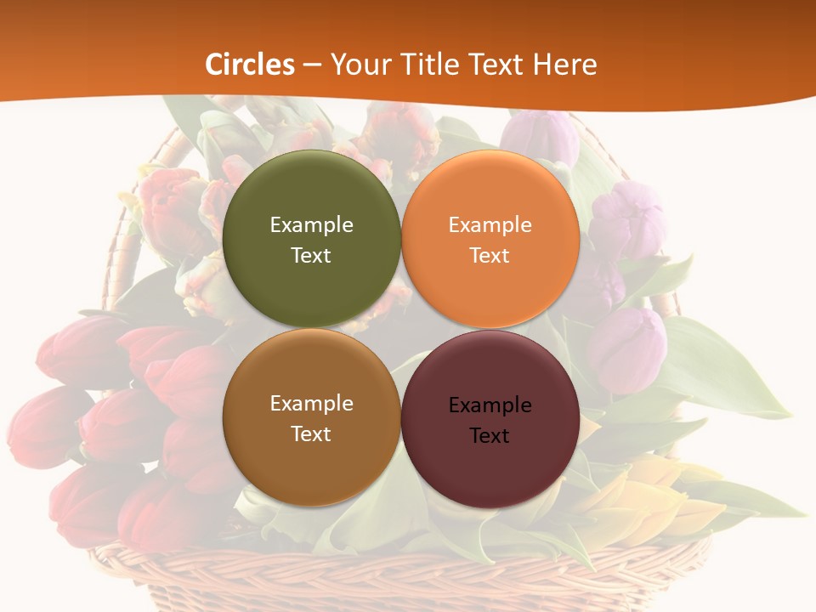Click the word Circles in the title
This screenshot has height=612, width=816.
pyautogui.click(x=250, y=65)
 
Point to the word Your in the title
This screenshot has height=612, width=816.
pyautogui.click(x=359, y=65)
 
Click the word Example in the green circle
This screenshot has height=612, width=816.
pyautogui.click(x=311, y=225)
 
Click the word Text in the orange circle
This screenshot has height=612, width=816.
pyautogui.click(x=490, y=256)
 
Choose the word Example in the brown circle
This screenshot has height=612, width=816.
pyautogui.click(x=311, y=404)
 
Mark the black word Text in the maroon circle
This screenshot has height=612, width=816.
pyautogui.click(x=490, y=436)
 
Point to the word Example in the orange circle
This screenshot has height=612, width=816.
pyautogui.click(x=490, y=225)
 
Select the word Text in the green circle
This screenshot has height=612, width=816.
pyautogui.click(x=311, y=256)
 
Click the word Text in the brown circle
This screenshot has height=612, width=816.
pyautogui.click(x=311, y=434)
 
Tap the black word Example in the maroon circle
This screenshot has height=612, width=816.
pyautogui.click(x=490, y=405)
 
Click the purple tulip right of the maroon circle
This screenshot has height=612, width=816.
pyautogui.click(x=626, y=348)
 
